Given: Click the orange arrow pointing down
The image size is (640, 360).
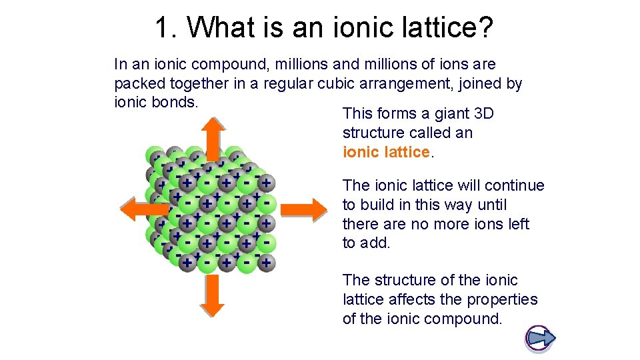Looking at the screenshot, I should coord(212,294).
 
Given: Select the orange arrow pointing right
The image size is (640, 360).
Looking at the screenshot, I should coord(303,209).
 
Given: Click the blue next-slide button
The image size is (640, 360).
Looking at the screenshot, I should coord(540,338).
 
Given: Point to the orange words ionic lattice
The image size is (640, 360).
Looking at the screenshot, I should coord(387,152).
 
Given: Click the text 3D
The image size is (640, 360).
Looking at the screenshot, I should coord(483,113).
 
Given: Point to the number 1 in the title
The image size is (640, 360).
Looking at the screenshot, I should coord(161,28).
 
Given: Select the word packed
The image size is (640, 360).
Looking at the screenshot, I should coord(138,84).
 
